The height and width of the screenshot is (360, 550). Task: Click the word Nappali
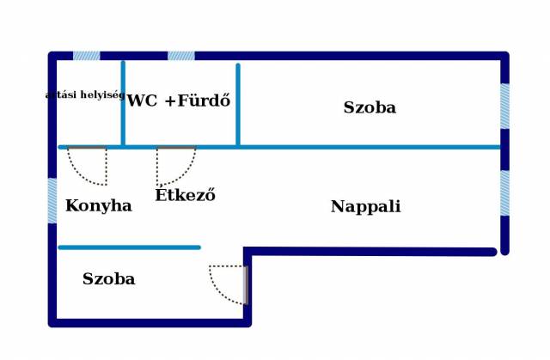[x=365, y=207]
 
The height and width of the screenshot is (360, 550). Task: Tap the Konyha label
[x=98, y=206]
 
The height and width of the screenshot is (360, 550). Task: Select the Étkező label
[x=185, y=196]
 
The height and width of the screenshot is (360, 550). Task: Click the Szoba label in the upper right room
[x=370, y=108]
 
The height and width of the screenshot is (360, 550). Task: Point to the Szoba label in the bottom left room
[x=108, y=279]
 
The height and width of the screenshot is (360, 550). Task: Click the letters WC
[x=142, y=101]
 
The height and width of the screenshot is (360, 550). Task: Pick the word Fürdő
[x=205, y=101]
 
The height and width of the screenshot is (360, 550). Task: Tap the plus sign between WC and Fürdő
[x=169, y=101]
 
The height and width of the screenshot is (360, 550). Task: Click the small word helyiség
[x=102, y=95]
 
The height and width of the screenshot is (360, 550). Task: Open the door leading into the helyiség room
[x=89, y=165]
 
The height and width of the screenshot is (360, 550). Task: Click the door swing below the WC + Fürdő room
[x=175, y=166]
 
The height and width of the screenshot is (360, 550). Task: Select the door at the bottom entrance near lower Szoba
[x=229, y=284]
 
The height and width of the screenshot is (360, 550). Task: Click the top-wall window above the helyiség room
[x=86, y=56]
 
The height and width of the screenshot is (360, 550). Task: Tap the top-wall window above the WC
[x=180, y=56]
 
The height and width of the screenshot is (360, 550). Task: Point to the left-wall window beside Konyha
[x=52, y=200]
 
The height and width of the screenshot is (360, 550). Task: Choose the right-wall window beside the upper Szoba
[x=504, y=106]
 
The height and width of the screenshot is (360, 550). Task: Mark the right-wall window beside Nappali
[x=504, y=193]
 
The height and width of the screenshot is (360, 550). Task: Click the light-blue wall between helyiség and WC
[x=123, y=103]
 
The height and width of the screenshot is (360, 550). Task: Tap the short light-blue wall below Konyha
[x=129, y=247]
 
